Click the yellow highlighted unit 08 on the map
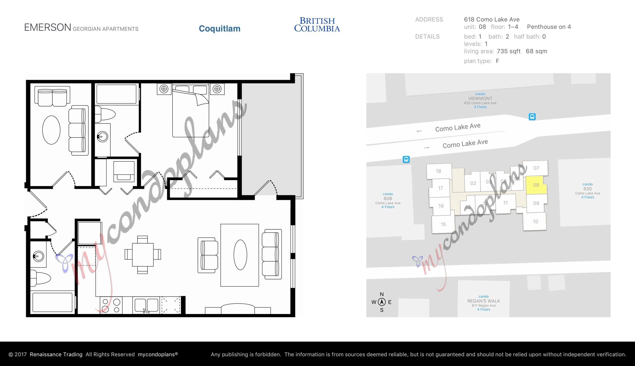point(536,185)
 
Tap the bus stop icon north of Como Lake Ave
point(532,117)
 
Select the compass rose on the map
point(382,302)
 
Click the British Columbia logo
point(317,25)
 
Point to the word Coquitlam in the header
point(220,28)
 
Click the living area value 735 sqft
point(508,51)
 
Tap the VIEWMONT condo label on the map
point(480,99)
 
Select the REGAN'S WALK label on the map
point(484,301)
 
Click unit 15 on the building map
point(443,224)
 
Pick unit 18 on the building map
point(438,171)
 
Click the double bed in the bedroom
point(190,110)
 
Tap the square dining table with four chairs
point(143,255)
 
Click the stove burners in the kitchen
point(111,305)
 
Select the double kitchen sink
point(146,305)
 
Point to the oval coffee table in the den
point(51,130)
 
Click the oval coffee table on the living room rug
point(240,255)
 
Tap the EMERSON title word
point(48,27)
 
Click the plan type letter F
point(497,61)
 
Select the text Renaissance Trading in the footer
point(56,355)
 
